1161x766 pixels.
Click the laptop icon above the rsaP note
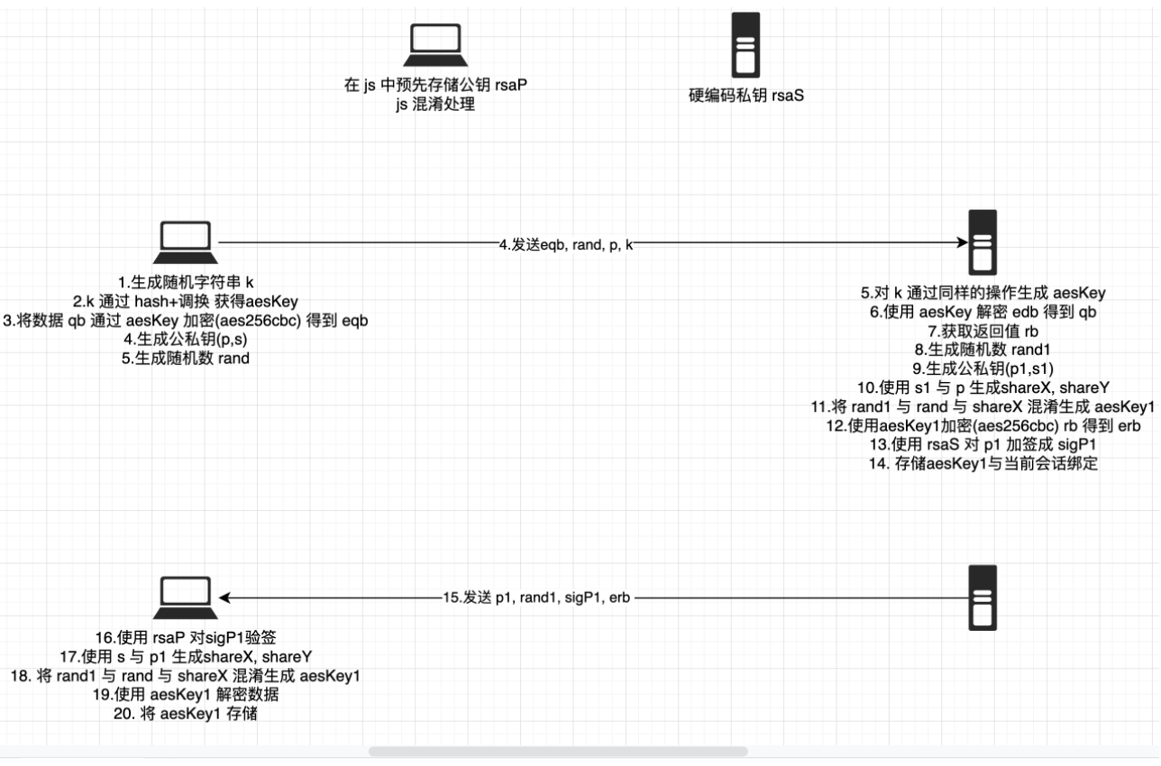tap(434, 45)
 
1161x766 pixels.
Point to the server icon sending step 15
tap(982, 597)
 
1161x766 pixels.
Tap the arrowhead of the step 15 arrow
tap(225, 597)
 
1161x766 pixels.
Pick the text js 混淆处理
tap(436, 105)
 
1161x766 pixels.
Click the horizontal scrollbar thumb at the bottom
tap(558, 751)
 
